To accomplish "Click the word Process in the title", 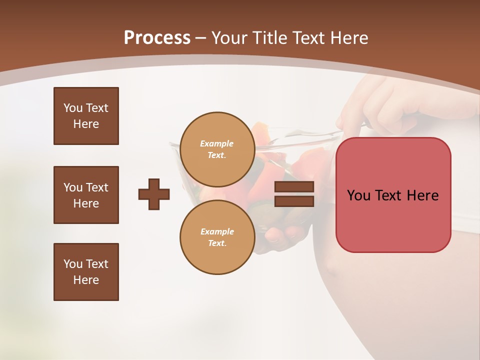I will (157, 38).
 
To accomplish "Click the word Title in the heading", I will (270, 38).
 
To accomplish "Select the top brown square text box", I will (86, 116).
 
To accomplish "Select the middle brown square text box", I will (86, 195).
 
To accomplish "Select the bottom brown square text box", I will (86, 272).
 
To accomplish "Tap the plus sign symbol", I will (154, 194).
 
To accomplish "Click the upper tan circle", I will (217, 149).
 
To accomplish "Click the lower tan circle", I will (217, 237).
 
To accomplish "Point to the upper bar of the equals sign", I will (294, 187).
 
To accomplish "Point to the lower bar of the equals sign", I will (294, 201).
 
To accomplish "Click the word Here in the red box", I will (422, 195).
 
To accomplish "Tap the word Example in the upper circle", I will (217, 143).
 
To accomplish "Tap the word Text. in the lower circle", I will (217, 243).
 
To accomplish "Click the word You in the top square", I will (73, 108).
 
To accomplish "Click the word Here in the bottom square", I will (86, 280).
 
